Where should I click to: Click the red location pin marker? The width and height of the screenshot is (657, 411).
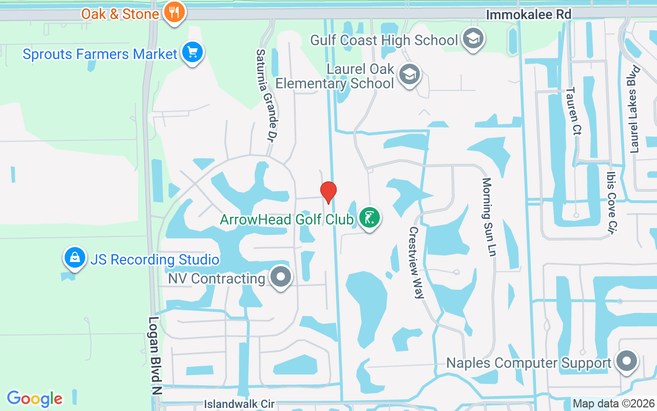(328, 192)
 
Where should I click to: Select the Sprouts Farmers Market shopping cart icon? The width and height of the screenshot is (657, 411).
(192, 52)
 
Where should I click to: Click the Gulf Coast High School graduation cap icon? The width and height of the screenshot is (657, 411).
(473, 39)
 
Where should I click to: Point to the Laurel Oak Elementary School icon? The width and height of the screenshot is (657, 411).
(409, 74)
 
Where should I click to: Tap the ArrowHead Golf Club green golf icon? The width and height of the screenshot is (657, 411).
(369, 218)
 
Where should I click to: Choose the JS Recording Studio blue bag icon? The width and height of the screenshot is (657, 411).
(75, 258)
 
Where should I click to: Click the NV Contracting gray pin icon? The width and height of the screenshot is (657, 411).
(280, 277)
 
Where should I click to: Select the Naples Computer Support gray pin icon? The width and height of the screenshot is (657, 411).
(626, 362)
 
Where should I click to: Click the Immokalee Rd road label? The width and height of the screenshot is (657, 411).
(528, 14)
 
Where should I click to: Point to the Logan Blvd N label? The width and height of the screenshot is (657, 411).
(154, 355)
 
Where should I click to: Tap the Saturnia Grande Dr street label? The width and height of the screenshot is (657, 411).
(266, 96)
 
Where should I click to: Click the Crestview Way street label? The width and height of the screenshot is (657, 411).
(416, 263)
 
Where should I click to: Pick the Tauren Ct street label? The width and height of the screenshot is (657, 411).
(573, 111)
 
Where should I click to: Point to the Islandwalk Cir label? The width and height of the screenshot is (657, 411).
(239, 404)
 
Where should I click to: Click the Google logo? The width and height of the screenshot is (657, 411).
(34, 399)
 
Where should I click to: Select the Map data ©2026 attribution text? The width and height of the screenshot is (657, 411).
(613, 403)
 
